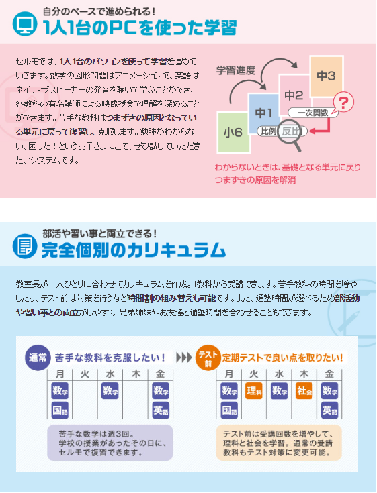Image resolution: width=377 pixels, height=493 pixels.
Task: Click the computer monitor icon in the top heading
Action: (25, 23)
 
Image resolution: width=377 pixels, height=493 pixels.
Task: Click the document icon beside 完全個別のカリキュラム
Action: (25, 246)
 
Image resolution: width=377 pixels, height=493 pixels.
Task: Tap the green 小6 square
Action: (233, 132)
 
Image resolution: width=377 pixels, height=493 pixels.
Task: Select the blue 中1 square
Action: (263, 113)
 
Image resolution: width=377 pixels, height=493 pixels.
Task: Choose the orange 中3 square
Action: (327, 76)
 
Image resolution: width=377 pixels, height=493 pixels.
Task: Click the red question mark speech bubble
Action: (343, 103)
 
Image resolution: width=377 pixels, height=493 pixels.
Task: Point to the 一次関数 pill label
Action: (312, 113)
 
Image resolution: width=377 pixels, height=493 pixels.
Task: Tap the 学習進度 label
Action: (236, 70)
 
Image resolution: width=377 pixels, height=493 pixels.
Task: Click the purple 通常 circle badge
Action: (38, 358)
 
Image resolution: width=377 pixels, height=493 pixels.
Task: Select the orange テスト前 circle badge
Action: (208, 358)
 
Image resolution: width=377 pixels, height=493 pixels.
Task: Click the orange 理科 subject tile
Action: (254, 391)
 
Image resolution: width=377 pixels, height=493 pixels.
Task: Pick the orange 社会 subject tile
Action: (304, 391)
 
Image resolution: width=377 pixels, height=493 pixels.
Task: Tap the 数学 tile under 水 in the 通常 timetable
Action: (110, 391)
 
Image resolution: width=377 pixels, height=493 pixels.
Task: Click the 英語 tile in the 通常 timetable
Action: (161, 410)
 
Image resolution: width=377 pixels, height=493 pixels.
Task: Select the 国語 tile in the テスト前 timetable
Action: (229, 410)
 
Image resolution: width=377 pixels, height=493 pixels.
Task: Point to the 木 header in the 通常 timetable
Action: (136, 374)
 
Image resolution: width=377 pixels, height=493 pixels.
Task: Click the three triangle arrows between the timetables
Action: (184, 358)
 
